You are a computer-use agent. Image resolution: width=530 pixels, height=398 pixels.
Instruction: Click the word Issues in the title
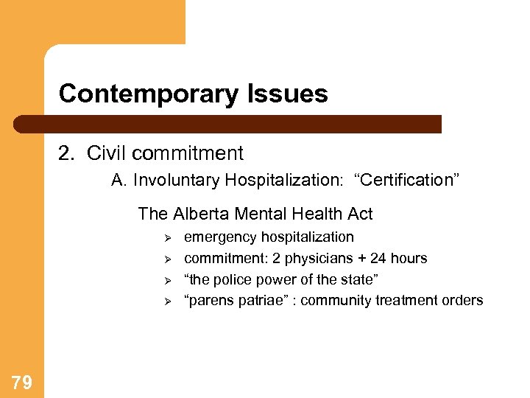(290, 94)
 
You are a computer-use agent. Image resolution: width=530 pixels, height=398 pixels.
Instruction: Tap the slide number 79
(21, 382)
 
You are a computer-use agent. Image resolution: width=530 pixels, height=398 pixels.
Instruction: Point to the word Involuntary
(177, 181)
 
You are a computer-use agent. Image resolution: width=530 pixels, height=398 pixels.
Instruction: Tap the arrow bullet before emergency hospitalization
(167, 238)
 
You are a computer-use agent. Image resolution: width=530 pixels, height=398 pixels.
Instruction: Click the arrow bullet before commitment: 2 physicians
(167, 259)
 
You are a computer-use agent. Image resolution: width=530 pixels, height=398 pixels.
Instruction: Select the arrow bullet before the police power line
(167, 280)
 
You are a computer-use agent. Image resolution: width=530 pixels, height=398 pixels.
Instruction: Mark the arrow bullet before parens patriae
(167, 301)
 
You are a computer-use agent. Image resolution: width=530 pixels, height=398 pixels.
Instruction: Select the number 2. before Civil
(67, 153)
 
